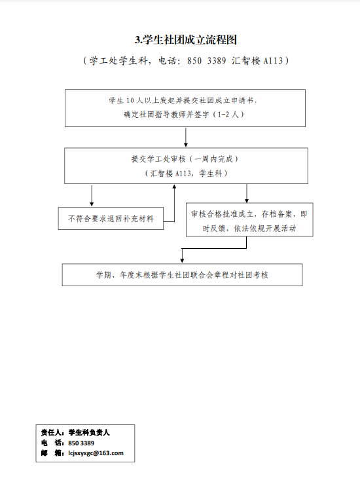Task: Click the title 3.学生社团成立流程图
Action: tap(185, 40)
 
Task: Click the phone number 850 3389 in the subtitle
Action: tap(206, 60)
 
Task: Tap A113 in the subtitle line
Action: tap(273, 60)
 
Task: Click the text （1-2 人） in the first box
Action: tap(229, 115)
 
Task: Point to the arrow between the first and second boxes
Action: tap(186, 137)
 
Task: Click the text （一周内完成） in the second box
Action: tap(214, 159)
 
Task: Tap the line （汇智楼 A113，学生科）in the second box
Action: tap(186, 174)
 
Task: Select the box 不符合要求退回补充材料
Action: tap(111, 219)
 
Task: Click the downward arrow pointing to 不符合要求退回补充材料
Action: tap(92, 195)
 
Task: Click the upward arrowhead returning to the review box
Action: tap(175, 186)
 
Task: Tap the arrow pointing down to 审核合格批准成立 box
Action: tap(247, 193)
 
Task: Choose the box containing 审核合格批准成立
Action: tap(249, 220)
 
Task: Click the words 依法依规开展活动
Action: tap(265, 229)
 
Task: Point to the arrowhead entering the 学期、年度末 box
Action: tap(182, 261)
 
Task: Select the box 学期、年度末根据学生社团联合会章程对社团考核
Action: tap(182, 275)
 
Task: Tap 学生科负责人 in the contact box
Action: tap(89, 432)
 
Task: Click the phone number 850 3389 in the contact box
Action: tap(81, 443)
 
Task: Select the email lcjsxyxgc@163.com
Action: tap(96, 453)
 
